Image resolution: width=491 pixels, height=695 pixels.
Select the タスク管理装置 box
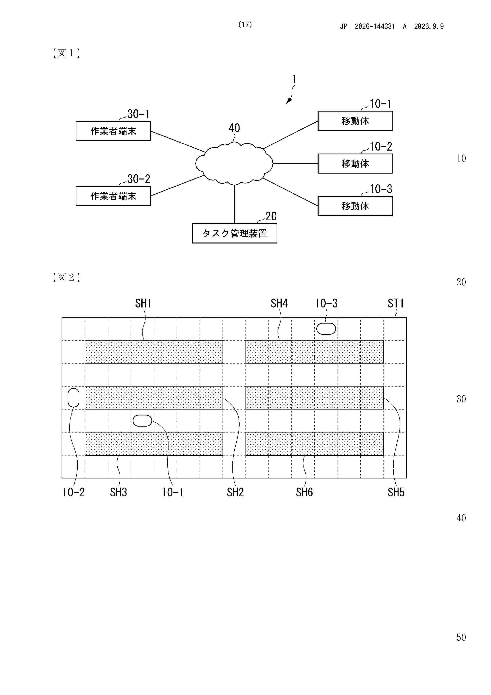tap(234, 233)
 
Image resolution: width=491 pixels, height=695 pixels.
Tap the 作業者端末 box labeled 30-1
tap(113, 131)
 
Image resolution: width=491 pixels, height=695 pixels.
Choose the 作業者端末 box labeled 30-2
tap(113, 196)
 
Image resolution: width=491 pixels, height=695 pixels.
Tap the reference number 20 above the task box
tap(271, 216)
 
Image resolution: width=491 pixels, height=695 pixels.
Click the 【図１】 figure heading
tap(66, 53)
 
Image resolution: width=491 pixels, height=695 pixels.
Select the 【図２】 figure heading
tap(66, 277)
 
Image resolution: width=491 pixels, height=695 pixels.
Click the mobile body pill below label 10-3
tap(326, 329)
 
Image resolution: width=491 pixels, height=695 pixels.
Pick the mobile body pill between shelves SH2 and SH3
tap(142, 420)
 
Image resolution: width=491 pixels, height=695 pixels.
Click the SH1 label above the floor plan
tap(143, 303)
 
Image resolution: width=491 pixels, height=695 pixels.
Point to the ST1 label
tap(396, 303)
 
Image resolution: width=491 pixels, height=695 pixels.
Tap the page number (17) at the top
tap(245, 25)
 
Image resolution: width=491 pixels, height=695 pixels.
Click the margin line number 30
tap(461, 399)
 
